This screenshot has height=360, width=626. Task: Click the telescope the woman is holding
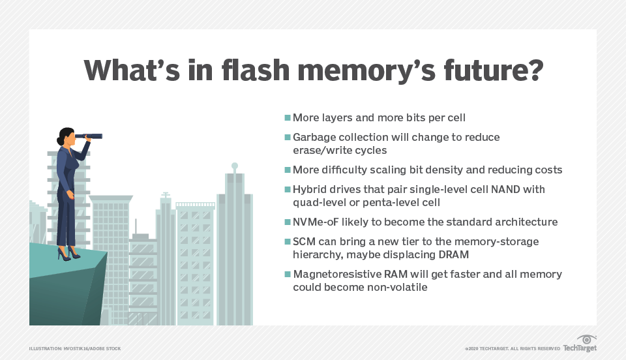(x=89, y=136)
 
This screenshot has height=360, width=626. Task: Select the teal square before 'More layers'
(x=288, y=118)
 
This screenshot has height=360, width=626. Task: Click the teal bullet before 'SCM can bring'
(x=288, y=241)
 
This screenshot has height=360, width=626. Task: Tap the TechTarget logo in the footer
(x=580, y=344)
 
